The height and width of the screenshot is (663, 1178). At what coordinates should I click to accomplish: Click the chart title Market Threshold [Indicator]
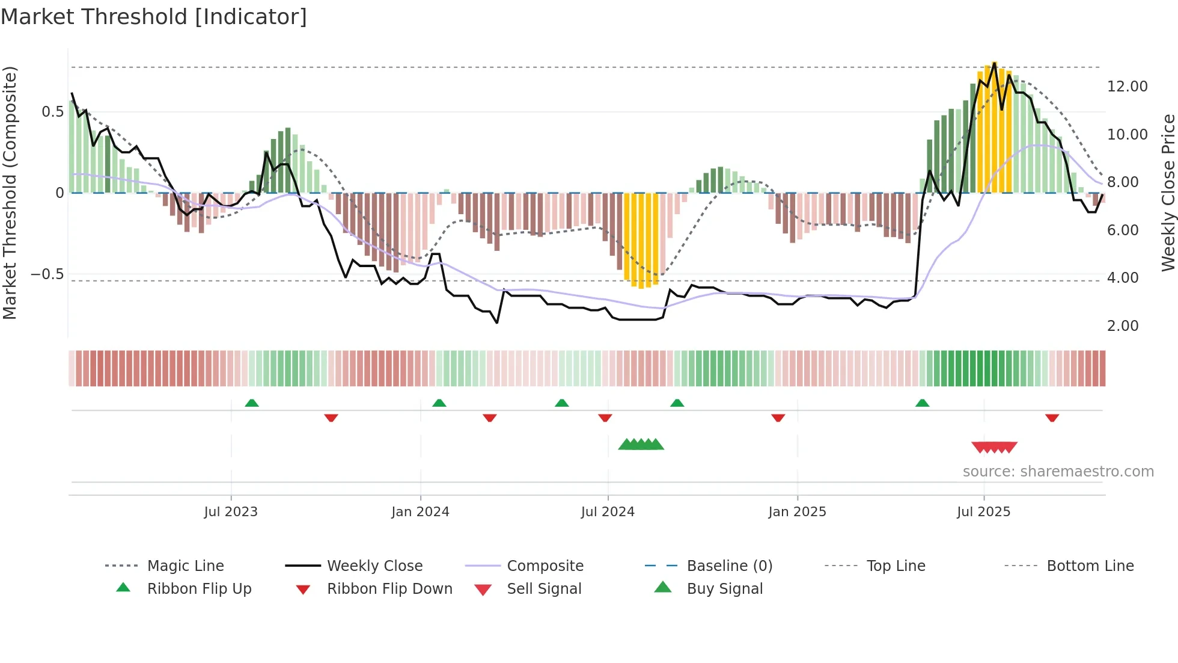(154, 17)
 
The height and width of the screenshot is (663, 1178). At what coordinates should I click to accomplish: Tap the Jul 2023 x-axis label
(231, 512)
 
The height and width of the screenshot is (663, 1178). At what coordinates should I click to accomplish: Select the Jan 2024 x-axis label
(420, 512)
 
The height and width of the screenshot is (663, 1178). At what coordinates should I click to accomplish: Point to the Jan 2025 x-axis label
(797, 512)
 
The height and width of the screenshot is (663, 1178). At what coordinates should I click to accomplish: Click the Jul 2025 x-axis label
(983, 512)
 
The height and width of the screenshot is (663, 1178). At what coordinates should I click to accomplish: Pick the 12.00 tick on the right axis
(1127, 87)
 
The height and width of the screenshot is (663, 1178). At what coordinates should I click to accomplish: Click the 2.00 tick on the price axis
(1123, 326)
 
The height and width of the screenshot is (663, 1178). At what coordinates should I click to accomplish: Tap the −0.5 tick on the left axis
(47, 274)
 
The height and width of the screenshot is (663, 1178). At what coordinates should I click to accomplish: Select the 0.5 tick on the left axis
(53, 112)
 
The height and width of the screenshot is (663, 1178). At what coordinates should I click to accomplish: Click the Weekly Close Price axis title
(1168, 193)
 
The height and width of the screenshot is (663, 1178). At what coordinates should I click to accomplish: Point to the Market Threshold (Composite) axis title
(10, 193)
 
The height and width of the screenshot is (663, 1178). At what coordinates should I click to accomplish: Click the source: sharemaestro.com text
(1058, 472)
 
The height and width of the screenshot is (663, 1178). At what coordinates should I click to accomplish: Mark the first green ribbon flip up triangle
(252, 403)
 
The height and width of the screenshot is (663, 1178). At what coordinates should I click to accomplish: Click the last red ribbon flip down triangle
(1052, 418)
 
